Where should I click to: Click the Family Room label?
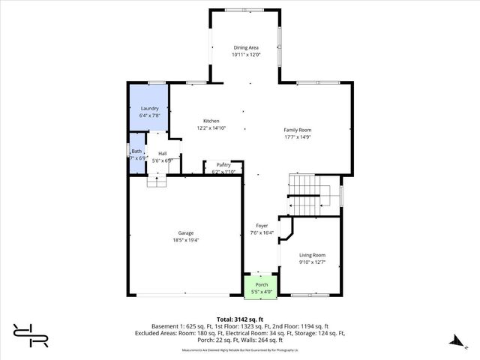point(297,130)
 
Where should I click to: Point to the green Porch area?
point(261,286)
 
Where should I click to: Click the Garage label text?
point(185,232)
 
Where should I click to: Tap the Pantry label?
point(223,164)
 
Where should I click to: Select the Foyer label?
point(262,225)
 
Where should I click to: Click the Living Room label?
point(313,255)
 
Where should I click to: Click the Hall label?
point(162,153)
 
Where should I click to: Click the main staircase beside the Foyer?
point(304,194)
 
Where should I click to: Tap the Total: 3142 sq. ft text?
point(240,319)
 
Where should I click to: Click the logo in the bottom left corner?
point(29,335)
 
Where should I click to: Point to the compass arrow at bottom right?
point(454,341)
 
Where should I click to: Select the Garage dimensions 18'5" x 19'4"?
point(185,240)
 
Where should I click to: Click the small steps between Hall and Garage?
point(156,181)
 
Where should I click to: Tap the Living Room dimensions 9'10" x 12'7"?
point(313,262)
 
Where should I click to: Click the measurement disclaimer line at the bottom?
point(240,350)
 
